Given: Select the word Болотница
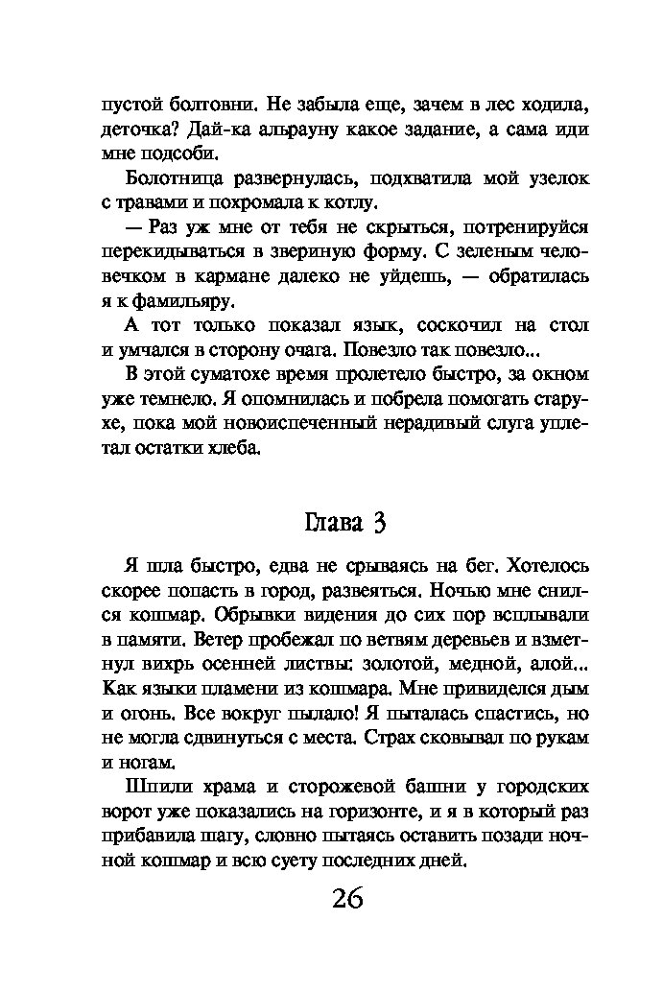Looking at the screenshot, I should pos(177,178).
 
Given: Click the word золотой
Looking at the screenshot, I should pos(395,663).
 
